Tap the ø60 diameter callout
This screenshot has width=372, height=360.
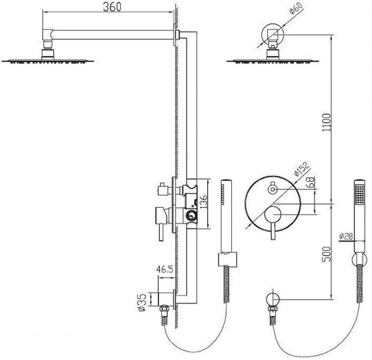[297, 8]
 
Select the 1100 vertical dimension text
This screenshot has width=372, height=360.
[327, 123]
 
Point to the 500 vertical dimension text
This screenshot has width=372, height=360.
[327, 254]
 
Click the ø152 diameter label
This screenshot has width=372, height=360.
[302, 169]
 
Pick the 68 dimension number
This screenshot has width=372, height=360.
[311, 182]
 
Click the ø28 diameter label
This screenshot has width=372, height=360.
[346, 236]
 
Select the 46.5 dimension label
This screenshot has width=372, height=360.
[165, 269]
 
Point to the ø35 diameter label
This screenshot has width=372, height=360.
[142, 303]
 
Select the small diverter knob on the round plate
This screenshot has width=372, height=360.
[273, 188]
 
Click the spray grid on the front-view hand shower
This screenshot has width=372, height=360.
[360, 194]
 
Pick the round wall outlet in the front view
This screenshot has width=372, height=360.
[273, 299]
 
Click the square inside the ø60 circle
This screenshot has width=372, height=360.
[273, 34]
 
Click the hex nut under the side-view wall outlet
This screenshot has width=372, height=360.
[164, 309]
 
